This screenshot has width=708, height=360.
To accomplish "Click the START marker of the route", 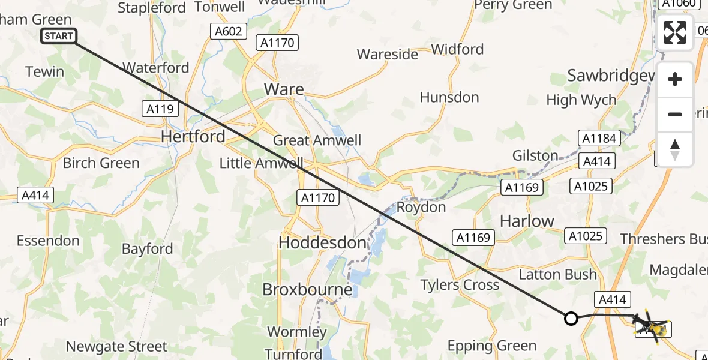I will pos(59,36).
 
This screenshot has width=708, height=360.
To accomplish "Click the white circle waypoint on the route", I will pos(571,319).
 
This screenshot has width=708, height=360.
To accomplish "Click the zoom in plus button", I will pos(675,79).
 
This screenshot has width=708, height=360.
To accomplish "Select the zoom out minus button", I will pos(675,114).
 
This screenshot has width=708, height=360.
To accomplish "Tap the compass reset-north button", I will pos(675,149).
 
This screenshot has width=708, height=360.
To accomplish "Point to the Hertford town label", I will pos(193,137).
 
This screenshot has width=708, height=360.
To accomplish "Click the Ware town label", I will pos(284,90).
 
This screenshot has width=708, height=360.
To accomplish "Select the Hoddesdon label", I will pos(323,243).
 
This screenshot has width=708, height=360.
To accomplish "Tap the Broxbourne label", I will pos(307,290).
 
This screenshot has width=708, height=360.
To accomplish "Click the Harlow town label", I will pos(527,221).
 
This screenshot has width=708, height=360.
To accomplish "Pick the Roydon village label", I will pos(421,208).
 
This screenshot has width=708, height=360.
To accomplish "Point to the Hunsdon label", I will pos(449,97).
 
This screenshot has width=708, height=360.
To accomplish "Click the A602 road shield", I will pos(229,31).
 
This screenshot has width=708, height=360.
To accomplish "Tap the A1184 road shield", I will pos(598,139).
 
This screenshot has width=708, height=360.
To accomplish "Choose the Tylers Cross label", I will pos(460,285).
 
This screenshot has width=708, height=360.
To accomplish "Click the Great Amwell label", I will pos(317,140).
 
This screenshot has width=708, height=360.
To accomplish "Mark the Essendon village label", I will pos(48,241).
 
